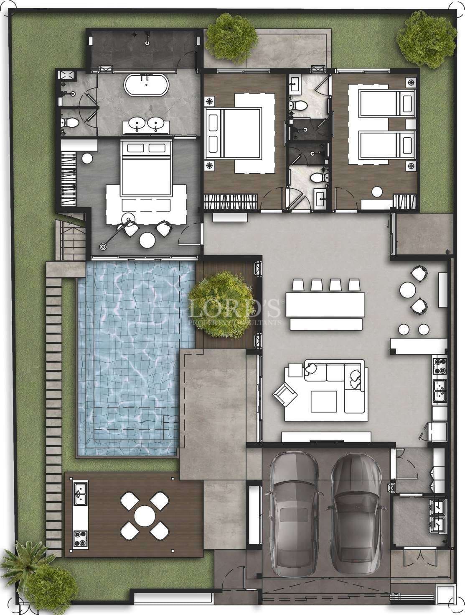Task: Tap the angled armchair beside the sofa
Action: click(x=284, y=394)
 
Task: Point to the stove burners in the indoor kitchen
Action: click(x=440, y=365)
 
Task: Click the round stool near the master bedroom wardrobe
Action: click(x=87, y=158)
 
